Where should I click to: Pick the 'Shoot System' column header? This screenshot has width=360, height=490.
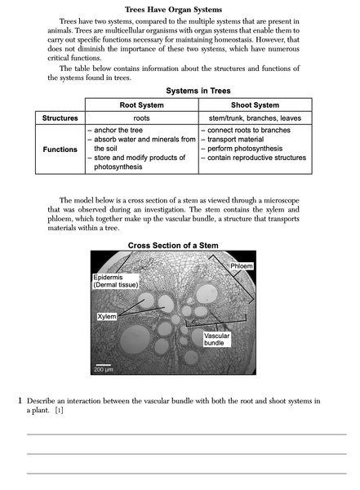(255, 105)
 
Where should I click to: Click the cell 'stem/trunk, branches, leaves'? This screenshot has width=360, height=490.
(255, 118)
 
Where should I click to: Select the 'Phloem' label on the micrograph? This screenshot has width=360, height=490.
(241, 266)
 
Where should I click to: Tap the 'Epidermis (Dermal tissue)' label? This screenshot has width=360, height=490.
(115, 282)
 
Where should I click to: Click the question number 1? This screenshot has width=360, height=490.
(20, 401)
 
